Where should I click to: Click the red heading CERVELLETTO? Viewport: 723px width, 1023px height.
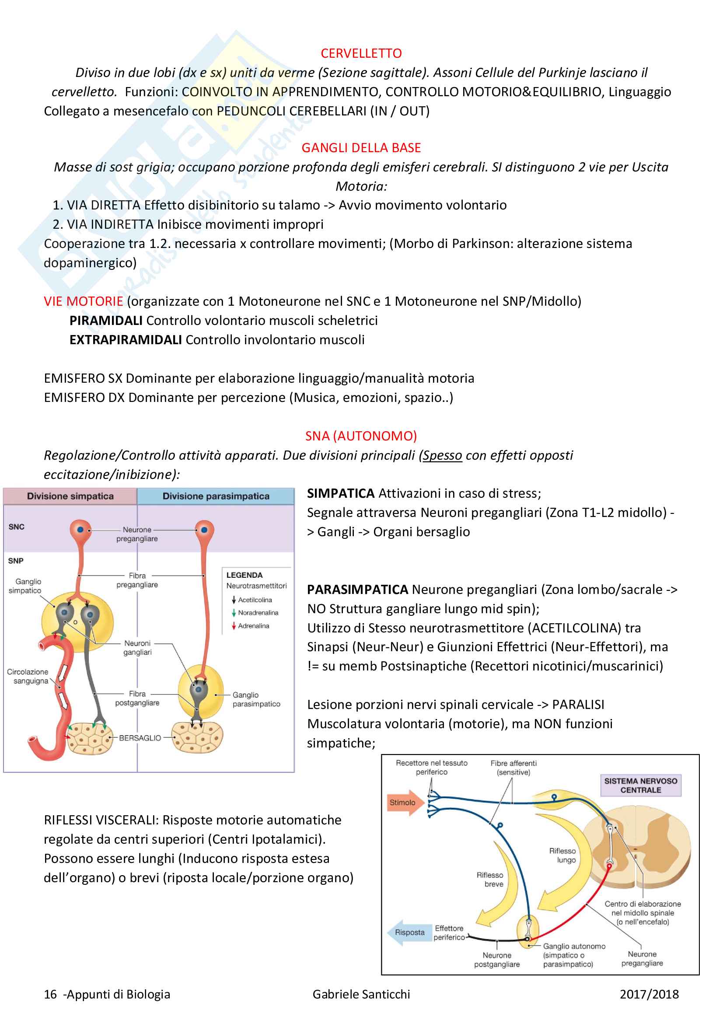(x=361, y=53)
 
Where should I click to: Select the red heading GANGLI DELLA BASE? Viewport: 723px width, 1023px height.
(x=361, y=148)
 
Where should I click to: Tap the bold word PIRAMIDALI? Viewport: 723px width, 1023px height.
(x=106, y=320)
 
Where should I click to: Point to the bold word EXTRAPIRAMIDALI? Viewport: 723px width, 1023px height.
(x=125, y=339)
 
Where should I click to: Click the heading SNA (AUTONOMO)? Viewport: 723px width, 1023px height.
(x=361, y=436)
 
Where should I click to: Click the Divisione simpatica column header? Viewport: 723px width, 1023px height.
(x=70, y=496)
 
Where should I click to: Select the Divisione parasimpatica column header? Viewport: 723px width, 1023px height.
(x=216, y=496)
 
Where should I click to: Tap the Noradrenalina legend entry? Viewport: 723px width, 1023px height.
(x=258, y=613)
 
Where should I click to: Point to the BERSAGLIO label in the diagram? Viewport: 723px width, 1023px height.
(x=140, y=738)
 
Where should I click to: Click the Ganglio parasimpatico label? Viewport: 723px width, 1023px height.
(x=256, y=699)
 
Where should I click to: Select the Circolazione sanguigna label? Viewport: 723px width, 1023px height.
(x=28, y=676)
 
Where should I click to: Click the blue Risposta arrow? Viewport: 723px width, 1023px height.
(x=408, y=932)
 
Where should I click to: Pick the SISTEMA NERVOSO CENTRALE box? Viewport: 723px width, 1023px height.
(x=640, y=786)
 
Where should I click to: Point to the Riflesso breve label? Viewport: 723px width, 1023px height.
(x=490, y=880)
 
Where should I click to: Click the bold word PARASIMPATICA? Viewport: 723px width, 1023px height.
(x=357, y=590)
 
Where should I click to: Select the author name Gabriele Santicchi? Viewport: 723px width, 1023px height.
(x=361, y=994)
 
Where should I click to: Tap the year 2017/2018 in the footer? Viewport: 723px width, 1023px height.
(x=649, y=994)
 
